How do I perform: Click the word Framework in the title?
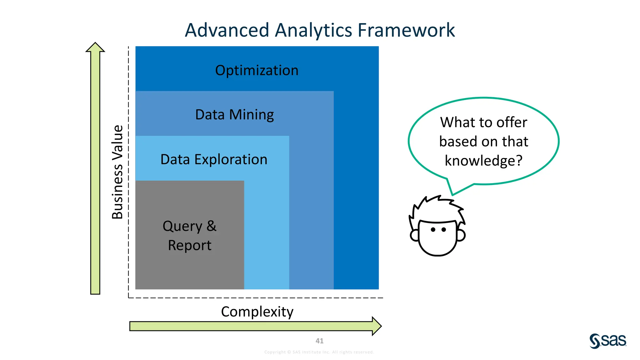click(406, 30)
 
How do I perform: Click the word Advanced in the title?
click(227, 30)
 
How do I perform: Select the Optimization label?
click(257, 70)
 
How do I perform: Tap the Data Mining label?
click(234, 115)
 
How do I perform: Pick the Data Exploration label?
click(214, 159)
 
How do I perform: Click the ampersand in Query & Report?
click(212, 226)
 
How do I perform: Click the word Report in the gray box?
click(190, 245)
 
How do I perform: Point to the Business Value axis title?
click(117, 172)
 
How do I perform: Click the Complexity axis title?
click(257, 312)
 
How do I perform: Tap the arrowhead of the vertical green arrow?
click(95, 47)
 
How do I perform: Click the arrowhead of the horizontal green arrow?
click(377, 326)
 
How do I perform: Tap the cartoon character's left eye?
click(433, 230)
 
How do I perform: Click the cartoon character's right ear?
click(461, 235)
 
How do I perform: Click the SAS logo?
click(608, 341)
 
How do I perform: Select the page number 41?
click(319, 341)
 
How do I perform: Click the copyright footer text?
click(319, 352)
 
